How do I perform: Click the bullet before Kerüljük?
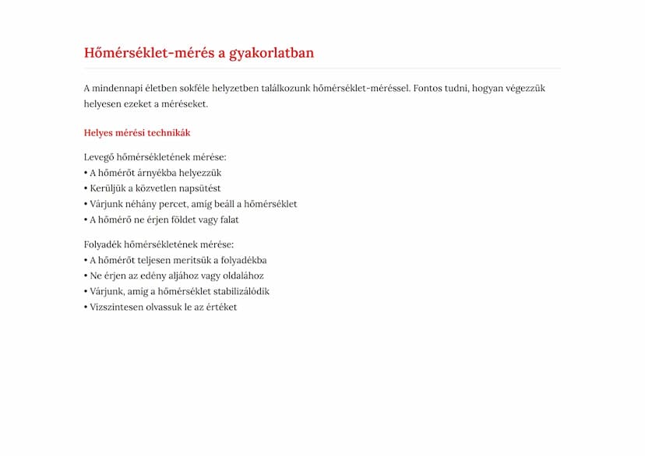(86, 188)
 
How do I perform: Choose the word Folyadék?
(102, 244)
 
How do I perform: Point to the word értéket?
(220, 307)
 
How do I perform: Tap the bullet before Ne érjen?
(86, 275)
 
